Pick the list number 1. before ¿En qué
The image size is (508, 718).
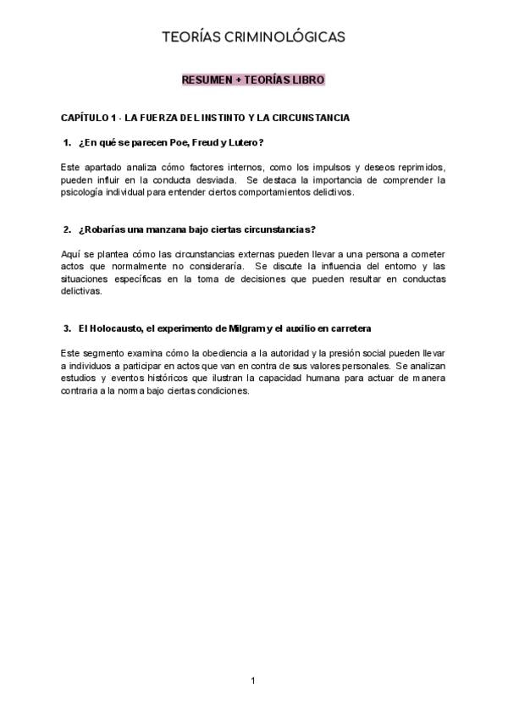(68, 141)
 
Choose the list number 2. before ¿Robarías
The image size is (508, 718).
(68, 229)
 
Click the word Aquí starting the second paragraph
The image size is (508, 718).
(70, 254)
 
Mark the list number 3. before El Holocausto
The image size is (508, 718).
(68, 328)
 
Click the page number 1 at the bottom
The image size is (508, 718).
(253, 681)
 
